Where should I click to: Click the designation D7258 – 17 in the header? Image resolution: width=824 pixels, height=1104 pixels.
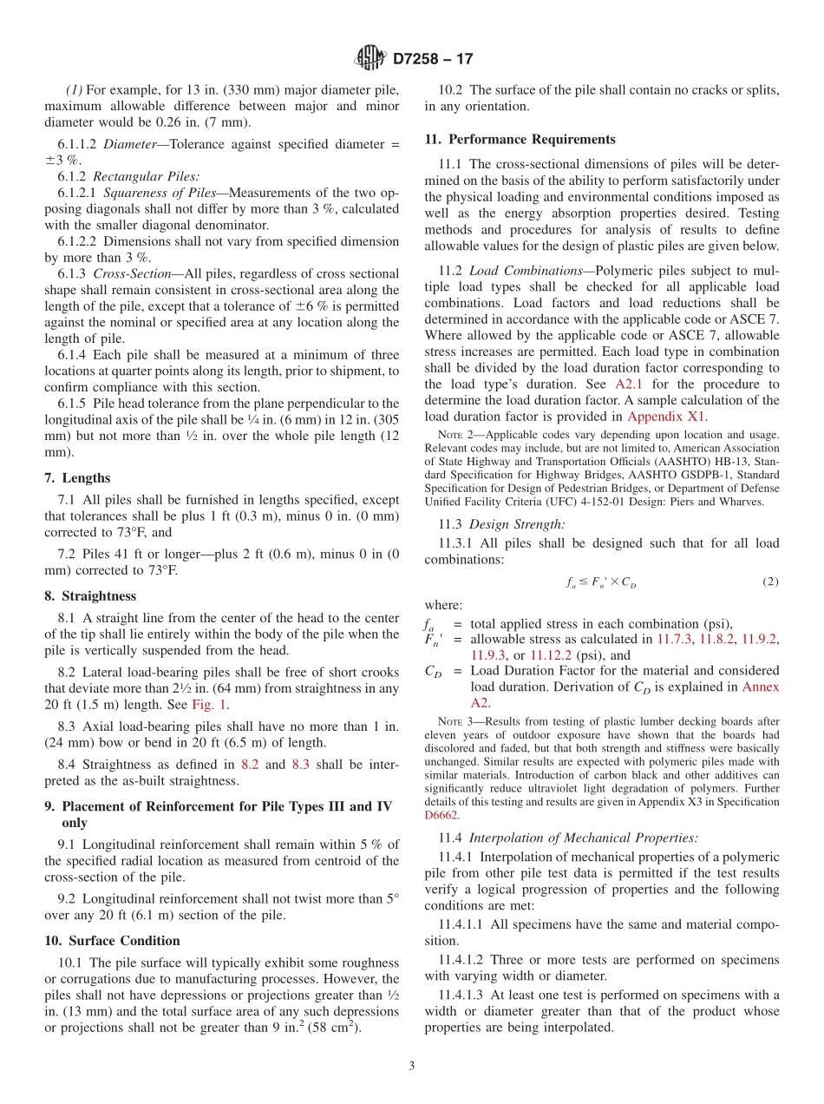tap(433, 60)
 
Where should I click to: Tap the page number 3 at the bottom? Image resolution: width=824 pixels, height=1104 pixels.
tap(412, 1066)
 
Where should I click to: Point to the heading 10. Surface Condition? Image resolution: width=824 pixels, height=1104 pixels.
tap(112, 941)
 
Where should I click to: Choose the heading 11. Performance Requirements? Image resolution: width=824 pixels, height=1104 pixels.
tap(520, 139)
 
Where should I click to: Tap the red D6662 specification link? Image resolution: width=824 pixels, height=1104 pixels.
tap(441, 815)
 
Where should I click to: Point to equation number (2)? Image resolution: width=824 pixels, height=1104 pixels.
tap(770, 582)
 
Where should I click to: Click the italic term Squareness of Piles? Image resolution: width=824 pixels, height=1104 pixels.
tap(160, 193)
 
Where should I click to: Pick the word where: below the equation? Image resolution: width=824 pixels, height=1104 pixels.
tap(443, 605)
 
